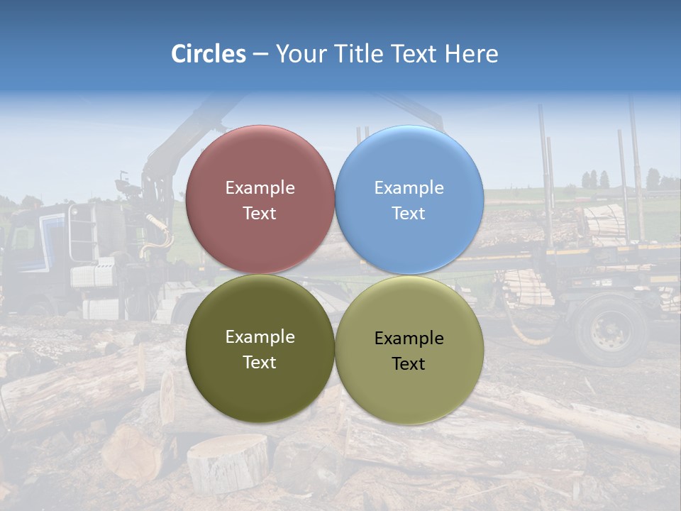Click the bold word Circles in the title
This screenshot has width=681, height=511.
pos(209,54)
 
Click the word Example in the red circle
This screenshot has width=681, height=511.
pos(260,188)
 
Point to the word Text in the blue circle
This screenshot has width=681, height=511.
pos(409,214)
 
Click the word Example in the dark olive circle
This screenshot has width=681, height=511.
pos(260,337)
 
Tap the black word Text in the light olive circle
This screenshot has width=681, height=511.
pos(409,364)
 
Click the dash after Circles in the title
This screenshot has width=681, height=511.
pos(260,55)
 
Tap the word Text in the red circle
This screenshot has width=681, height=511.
pos(260,214)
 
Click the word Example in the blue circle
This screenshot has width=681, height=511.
pos(409,188)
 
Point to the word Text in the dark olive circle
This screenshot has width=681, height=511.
pos(260,363)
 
